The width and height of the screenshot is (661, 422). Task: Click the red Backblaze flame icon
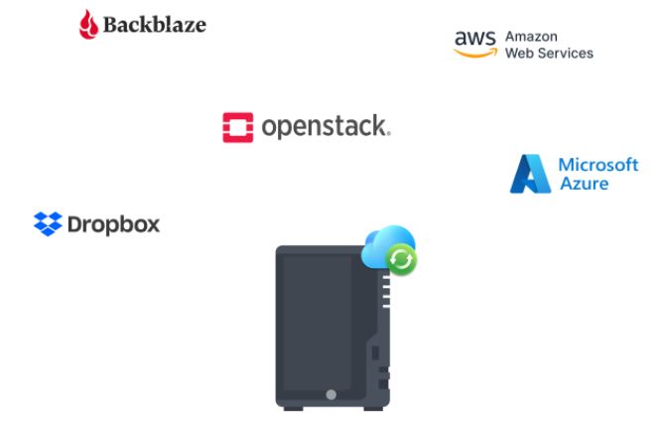click(x=89, y=24)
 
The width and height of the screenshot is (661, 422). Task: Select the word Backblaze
click(x=155, y=25)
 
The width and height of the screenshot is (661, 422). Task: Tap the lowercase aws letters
click(x=474, y=38)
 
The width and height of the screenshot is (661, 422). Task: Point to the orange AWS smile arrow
click(x=475, y=54)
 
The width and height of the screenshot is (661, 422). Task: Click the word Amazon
click(x=531, y=36)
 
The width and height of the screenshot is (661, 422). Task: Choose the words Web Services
click(x=549, y=53)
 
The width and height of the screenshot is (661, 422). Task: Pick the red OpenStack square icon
click(x=238, y=127)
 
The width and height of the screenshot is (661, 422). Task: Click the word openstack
click(x=325, y=127)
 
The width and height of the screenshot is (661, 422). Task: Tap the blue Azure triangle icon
click(x=529, y=174)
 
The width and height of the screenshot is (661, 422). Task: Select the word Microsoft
click(x=598, y=164)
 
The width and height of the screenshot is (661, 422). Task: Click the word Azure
click(x=584, y=184)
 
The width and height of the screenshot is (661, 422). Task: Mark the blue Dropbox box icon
click(x=48, y=224)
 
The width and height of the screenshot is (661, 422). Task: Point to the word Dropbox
click(x=112, y=224)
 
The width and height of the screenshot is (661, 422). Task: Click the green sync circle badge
click(x=401, y=260)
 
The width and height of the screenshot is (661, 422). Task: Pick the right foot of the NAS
click(x=373, y=405)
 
